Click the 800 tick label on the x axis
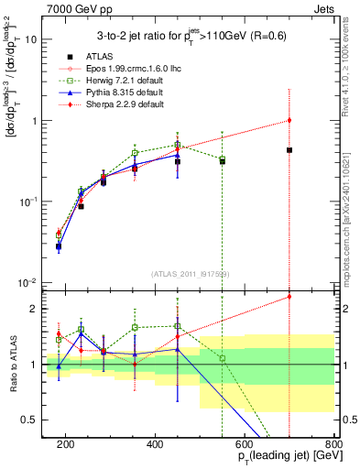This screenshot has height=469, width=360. click(333, 443)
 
